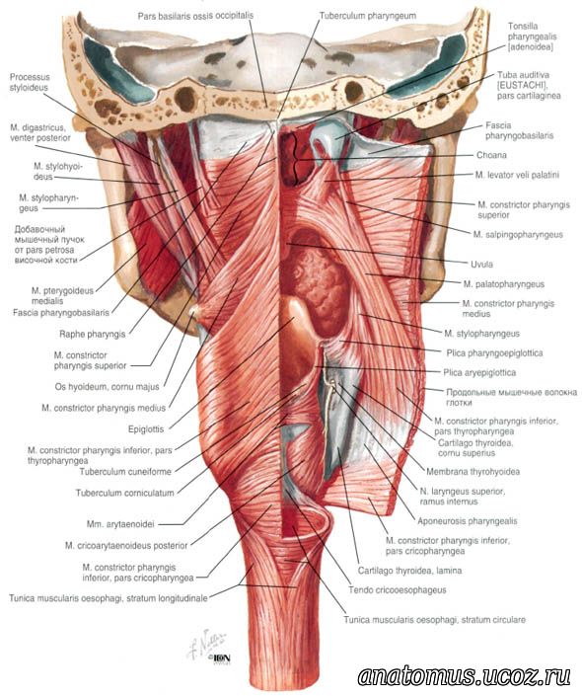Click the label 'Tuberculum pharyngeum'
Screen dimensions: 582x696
(368, 16)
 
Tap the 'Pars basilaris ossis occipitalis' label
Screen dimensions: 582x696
(195, 16)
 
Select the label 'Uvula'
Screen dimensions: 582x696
(481, 265)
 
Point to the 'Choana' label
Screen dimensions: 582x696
(491, 155)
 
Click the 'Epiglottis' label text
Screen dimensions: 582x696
(146, 429)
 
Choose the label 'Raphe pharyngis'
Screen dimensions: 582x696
(93, 334)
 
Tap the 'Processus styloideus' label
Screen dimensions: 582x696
(30, 82)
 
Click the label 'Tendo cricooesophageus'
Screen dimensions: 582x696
(397, 590)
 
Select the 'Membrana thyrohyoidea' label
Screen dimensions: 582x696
(473, 471)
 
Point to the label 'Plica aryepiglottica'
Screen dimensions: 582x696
(479, 372)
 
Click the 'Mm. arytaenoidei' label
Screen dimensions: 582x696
(120, 524)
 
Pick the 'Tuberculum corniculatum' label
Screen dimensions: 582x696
(124, 493)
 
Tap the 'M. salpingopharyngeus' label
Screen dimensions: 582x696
(518, 234)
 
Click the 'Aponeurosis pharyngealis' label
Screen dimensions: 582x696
(468, 520)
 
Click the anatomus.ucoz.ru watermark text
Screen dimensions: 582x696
(464, 676)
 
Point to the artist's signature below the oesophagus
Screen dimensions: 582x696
(207, 643)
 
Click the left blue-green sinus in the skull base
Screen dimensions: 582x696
(111, 69)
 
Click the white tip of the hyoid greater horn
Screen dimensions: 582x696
(193, 312)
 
